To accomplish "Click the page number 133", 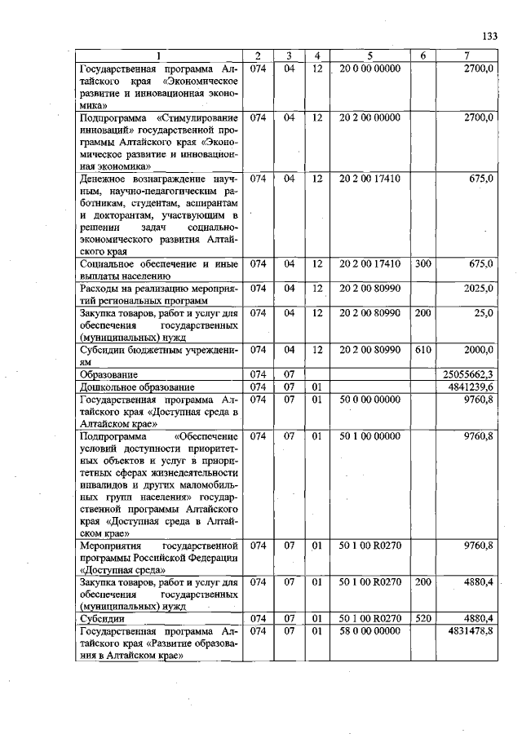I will (x=489, y=37).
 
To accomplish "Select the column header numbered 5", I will (x=370, y=55).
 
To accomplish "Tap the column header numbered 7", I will (x=467, y=55).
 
